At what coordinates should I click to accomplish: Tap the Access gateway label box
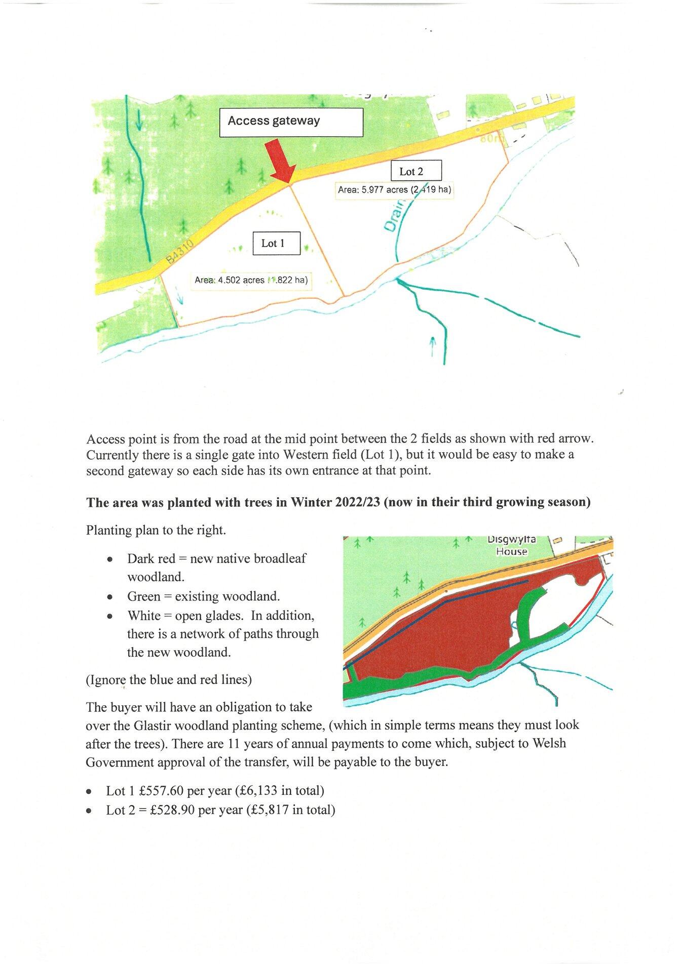[291, 122]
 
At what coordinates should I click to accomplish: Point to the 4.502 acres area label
[252, 280]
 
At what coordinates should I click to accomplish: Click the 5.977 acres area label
[395, 190]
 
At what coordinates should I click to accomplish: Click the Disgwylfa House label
[512, 546]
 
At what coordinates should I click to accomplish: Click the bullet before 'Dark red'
[110, 560]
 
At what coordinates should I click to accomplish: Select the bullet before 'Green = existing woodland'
[110, 597]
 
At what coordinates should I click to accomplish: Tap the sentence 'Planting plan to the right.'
[155, 531]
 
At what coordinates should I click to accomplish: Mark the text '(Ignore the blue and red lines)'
[169, 679]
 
